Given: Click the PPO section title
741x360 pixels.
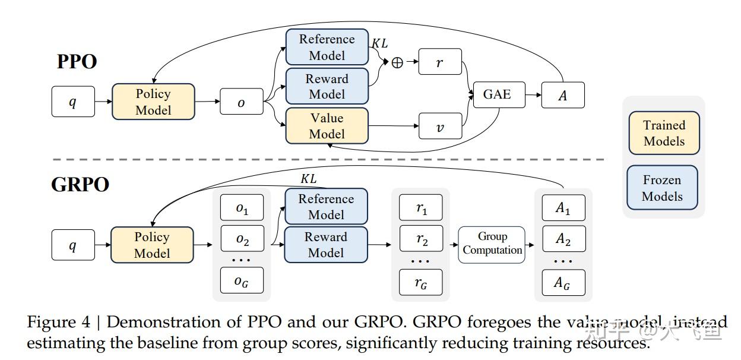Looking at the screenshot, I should coord(77,61).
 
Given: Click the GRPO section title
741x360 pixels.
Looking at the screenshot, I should coord(80,184).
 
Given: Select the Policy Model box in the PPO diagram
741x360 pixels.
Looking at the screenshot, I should coord(153,102).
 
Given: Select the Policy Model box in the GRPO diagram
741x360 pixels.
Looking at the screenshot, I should coord(152,245).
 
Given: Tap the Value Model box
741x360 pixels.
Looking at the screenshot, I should coord(327,125).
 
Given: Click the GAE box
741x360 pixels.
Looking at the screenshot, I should coord(499,94).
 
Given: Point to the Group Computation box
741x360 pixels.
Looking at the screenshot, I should coord(492,244).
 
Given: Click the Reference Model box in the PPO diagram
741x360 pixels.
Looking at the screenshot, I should coord(327,47).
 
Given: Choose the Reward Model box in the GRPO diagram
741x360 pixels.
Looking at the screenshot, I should coord(326,244).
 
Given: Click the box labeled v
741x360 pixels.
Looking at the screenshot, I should coord(440,126).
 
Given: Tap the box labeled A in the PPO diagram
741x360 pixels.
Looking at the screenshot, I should coord(563,95).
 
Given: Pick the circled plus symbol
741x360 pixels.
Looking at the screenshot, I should coord(397,62).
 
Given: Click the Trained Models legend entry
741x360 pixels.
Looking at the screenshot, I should coord(664,133).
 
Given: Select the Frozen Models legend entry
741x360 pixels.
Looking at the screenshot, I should coord(662,188).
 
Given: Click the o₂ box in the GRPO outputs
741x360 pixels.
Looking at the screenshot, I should coord(242,239).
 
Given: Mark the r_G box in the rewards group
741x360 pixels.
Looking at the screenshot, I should coord(421,283).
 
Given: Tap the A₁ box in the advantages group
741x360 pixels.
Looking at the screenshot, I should coord(563,208).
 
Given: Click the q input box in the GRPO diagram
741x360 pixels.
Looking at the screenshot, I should coord(73,245).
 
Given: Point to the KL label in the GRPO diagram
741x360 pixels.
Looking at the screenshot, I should coord(308,179).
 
